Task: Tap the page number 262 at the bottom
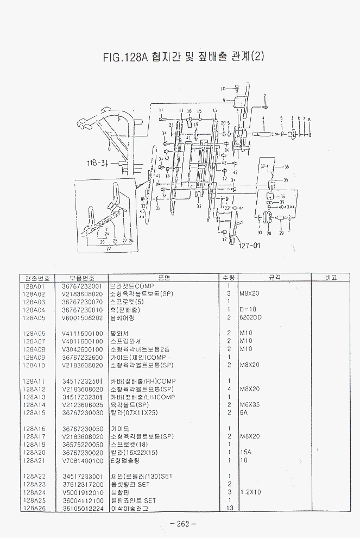coord(182,524)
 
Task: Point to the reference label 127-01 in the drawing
coord(249,245)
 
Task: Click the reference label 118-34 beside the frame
coord(98,162)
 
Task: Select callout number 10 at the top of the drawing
coord(223,88)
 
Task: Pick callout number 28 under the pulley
coord(269,233)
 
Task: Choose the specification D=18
coord(248,309)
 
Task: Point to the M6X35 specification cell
coord(250,405)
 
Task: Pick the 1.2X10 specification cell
coord(249,492)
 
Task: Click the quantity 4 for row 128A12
coord(229,389)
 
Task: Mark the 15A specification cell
coord(245,452)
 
